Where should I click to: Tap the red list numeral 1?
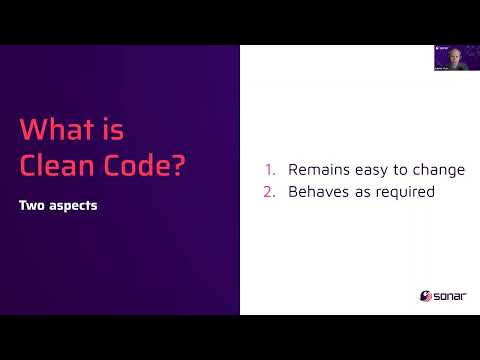[x=269, y=169]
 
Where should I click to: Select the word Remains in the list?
[x=318, y=169]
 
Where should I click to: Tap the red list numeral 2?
[x=269, y=191]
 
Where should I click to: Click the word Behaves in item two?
[x=318, y=191]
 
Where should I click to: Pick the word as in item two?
[x=366, y=191]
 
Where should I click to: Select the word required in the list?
[x=408, y=192]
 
